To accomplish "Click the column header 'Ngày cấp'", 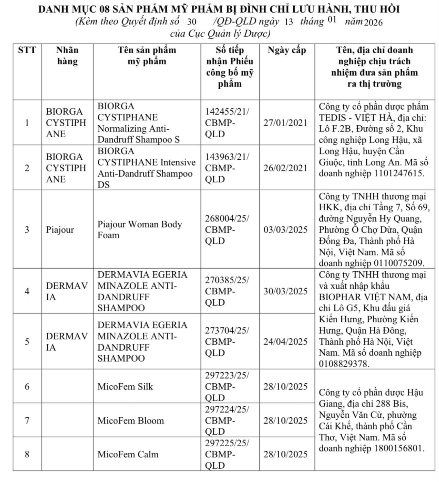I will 287,50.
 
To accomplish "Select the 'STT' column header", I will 27,50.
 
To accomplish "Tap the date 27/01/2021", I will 286,123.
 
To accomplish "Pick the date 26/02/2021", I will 286,168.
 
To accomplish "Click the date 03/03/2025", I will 286,230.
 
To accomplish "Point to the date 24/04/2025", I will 286,342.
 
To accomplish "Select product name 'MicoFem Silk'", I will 125,387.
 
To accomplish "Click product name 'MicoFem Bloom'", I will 131,421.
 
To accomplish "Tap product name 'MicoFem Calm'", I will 128,454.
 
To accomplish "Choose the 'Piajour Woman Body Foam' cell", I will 140,230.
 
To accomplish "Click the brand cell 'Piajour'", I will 60,230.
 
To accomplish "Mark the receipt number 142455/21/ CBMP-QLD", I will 227,123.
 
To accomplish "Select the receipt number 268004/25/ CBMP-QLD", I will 227,230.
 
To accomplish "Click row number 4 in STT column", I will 27,291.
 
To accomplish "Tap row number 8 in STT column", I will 27,454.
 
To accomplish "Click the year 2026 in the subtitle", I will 373,22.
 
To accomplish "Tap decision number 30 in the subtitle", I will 192,22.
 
